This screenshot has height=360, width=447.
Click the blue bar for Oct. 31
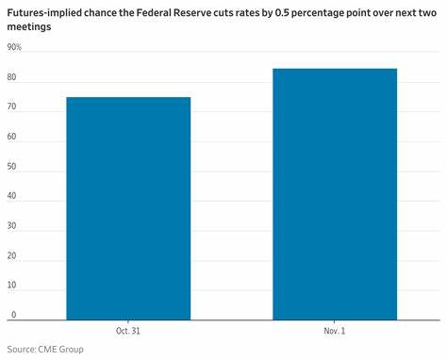tap(128, 207)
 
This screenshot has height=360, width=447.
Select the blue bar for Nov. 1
tap(335, 193)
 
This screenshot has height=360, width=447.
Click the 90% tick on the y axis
tap(14, 46)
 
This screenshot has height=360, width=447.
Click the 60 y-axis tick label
tap(12, 137)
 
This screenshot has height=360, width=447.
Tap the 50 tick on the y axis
tap(12, 166)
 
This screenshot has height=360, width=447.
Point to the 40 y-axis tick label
tap(12, 196)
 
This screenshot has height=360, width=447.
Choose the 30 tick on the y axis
tap(12, 226)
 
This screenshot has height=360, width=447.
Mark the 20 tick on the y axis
tap(12, 255)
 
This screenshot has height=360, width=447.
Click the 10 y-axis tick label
tap(12, 286)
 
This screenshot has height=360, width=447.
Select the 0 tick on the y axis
tap(13, 315)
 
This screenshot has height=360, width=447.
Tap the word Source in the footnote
tap(21, 349)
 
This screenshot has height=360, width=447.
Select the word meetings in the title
tap(29, 27)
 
